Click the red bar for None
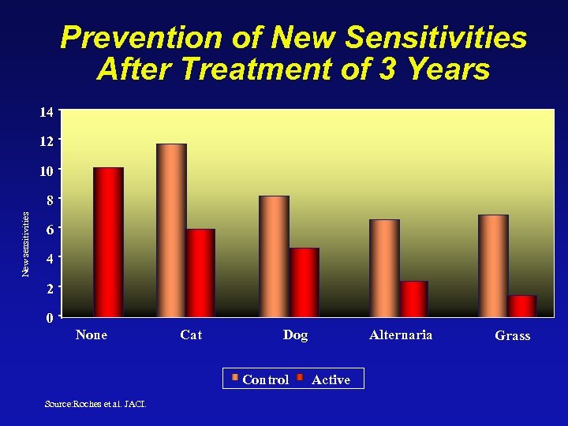[x=108, y=242]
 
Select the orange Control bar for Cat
[x=171, y=230]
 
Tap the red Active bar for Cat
[x=200, y=273]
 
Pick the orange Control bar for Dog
[x=274, y=256]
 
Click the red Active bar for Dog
[x=304, y=282]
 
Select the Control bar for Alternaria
[x=384, y=268]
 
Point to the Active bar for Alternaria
[x=413, y=299]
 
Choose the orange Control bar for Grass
[x=493, y=266]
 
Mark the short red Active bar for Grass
[x=522, y=306]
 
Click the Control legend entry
[x=260, y=379]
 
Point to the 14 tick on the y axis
[x=47, y=112]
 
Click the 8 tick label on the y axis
[x=50, y=200]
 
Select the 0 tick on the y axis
[x=50, y=318]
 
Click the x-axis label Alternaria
[x=401, y=334]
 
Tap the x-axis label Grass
[x=512, y=335]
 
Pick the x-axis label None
[x=92, y=334]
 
